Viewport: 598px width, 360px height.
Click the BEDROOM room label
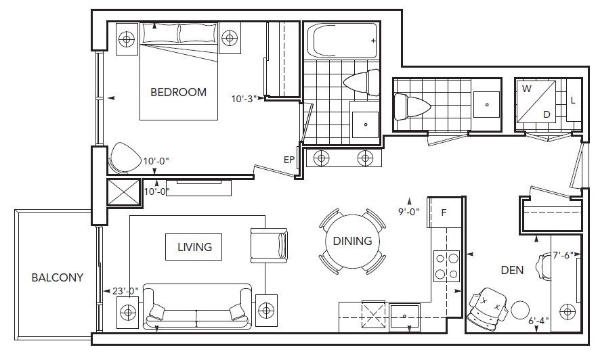click(179, 92)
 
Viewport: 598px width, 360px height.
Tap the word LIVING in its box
click(194, 247)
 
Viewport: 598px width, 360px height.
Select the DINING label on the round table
click(352, 241)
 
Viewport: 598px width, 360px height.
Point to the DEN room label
click(512, 271)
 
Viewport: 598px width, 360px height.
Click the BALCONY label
click(57, 277)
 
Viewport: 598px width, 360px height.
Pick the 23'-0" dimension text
click(125, 292)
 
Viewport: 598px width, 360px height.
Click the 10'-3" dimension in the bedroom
click(244, 99)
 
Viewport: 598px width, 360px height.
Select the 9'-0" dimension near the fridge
click(409, 212)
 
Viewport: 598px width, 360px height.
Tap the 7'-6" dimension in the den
click(563, 255)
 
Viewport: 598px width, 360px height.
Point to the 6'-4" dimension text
click(539, 321)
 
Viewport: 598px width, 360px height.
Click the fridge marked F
click(444, 212)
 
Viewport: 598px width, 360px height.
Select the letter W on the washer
click(526, 89)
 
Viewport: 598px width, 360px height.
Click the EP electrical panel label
click(289, 160)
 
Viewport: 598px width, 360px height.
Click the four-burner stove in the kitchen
click(446, 266)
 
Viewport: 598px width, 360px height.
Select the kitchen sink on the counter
click(404, 317)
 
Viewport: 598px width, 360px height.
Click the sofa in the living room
click(197, 307)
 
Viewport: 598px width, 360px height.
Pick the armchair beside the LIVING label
click(269, 246)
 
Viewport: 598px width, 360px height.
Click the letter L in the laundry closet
click(573, 101)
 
